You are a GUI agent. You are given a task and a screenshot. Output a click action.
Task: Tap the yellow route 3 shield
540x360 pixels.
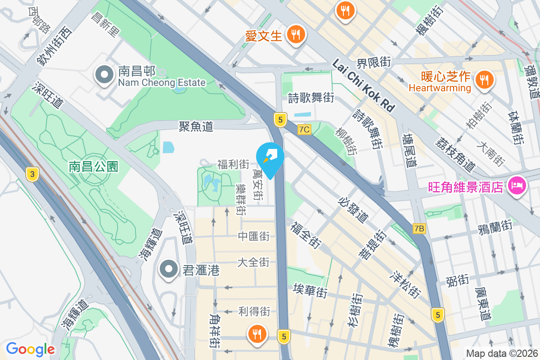point(31,174)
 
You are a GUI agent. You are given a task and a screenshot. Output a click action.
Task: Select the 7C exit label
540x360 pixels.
point(304,130)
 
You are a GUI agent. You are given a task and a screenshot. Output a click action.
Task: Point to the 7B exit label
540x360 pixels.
point(419,229)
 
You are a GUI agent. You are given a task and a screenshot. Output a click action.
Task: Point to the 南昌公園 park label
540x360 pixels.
point(93,166)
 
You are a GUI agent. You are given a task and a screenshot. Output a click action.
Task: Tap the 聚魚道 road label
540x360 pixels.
point(196,126)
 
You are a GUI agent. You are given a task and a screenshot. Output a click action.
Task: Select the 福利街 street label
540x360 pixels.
point(233,164)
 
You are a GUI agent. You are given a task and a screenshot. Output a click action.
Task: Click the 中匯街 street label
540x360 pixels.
point(254,236)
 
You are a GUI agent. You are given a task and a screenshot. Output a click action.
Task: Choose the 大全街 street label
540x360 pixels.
point(253,262)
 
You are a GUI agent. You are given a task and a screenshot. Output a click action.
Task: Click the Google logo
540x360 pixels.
point(30,349)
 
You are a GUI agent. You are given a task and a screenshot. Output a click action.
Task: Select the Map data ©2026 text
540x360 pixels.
point(501,354)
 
